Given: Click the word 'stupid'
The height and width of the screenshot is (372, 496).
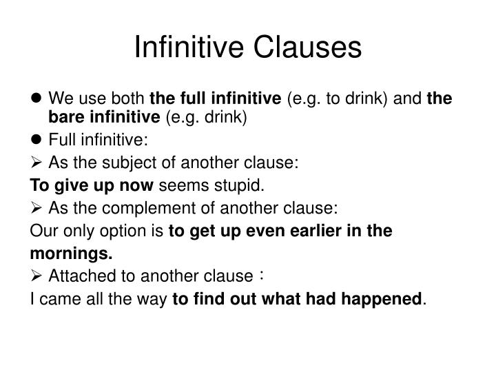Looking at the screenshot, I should [x=240, y=186].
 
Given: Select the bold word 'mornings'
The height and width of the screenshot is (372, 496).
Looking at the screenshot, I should [x=70, y=254].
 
